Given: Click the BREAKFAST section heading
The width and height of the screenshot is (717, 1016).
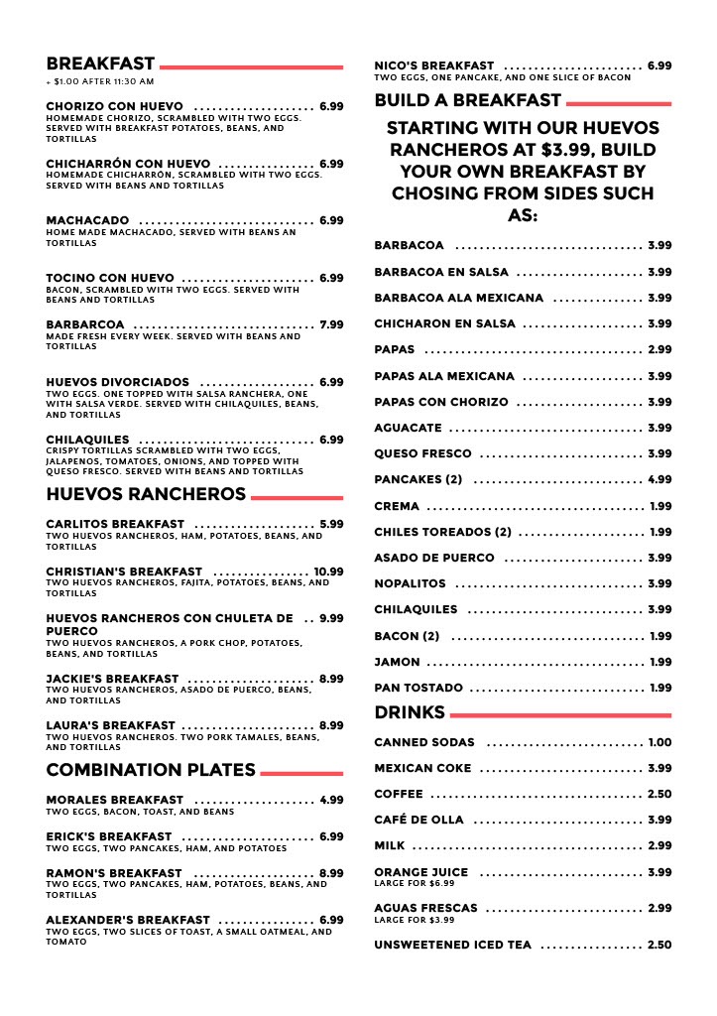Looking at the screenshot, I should pos(100,64).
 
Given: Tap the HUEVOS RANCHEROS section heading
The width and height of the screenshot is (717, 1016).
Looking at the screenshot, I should pos(146,494).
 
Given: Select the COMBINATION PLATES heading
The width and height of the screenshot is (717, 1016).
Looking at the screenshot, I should pos(151,770).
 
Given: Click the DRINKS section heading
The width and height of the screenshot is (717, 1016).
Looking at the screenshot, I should pos(410,712).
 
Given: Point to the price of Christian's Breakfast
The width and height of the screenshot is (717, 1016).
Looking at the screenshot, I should pos(328,571).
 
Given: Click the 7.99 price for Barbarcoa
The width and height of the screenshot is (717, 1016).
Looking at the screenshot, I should pos(331,324).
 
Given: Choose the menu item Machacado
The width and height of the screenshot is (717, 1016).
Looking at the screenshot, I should pos(87,220).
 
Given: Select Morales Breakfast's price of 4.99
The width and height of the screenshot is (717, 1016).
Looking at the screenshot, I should pos(331,800).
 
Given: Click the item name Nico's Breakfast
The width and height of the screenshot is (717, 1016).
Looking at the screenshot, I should pos(433,65).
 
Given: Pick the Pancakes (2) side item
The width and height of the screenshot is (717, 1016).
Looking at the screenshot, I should pos(418,480).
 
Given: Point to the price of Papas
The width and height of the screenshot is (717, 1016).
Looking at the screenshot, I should pos(659,349).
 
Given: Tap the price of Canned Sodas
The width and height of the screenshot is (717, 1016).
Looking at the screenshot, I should pos(659,742).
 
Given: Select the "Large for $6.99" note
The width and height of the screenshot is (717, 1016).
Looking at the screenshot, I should pos(414,883).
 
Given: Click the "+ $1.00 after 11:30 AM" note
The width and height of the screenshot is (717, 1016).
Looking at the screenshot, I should pos(100,81).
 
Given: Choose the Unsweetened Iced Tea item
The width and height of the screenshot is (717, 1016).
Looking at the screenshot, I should pos(452,945).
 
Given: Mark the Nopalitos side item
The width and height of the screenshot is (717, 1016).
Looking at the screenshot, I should pos(410,583).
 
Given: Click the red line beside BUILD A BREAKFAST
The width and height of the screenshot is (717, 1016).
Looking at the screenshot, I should pos(618,102).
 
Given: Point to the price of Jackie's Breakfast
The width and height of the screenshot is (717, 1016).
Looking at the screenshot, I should pos(331,679).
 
